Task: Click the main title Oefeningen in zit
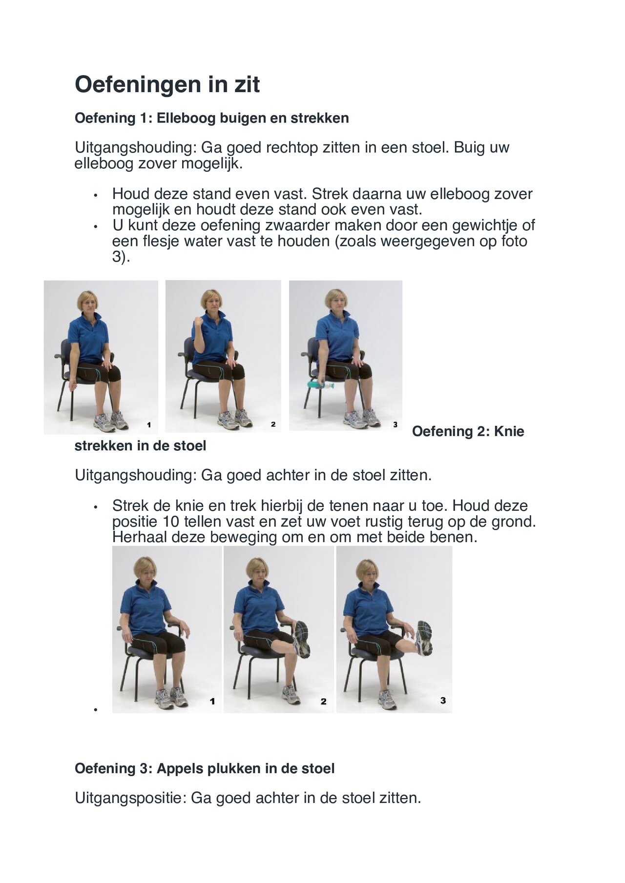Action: pyautogui.click(x=167, y=84)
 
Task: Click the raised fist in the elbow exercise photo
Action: pyautogui.click(x=199, y=323)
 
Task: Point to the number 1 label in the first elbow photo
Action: pyautogui.click(x=149, y=425)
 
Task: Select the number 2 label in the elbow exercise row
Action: pyautogui.click(x=273, y=424)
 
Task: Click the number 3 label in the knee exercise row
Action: pyautogui.click(x=443, y=700)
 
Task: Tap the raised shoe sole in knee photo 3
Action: pyautogui.click(x=424, y=637)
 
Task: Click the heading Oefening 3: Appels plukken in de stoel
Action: pyautogui.click(x=204, y=769)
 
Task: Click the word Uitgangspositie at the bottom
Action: pyautogui.click(x=130, y=798)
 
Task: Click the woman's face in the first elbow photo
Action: pyautogui.click(x=88, y=303)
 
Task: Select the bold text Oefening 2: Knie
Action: pyautogui.click(x=468, y=431)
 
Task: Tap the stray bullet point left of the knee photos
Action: pyautogui.click(x=96, y=710)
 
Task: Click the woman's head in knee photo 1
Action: pyautogui.click(x=145, y=568)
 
